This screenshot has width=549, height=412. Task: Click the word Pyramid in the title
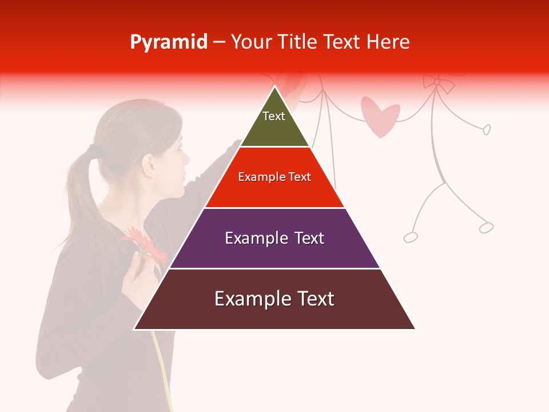tap(168, 42)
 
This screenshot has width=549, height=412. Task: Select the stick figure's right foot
tap(486, 228)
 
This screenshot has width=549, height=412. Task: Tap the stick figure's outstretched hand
tap(487, 130)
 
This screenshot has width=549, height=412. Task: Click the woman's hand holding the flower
tap(137, 275)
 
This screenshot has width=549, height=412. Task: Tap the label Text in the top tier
tap(274, 116)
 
